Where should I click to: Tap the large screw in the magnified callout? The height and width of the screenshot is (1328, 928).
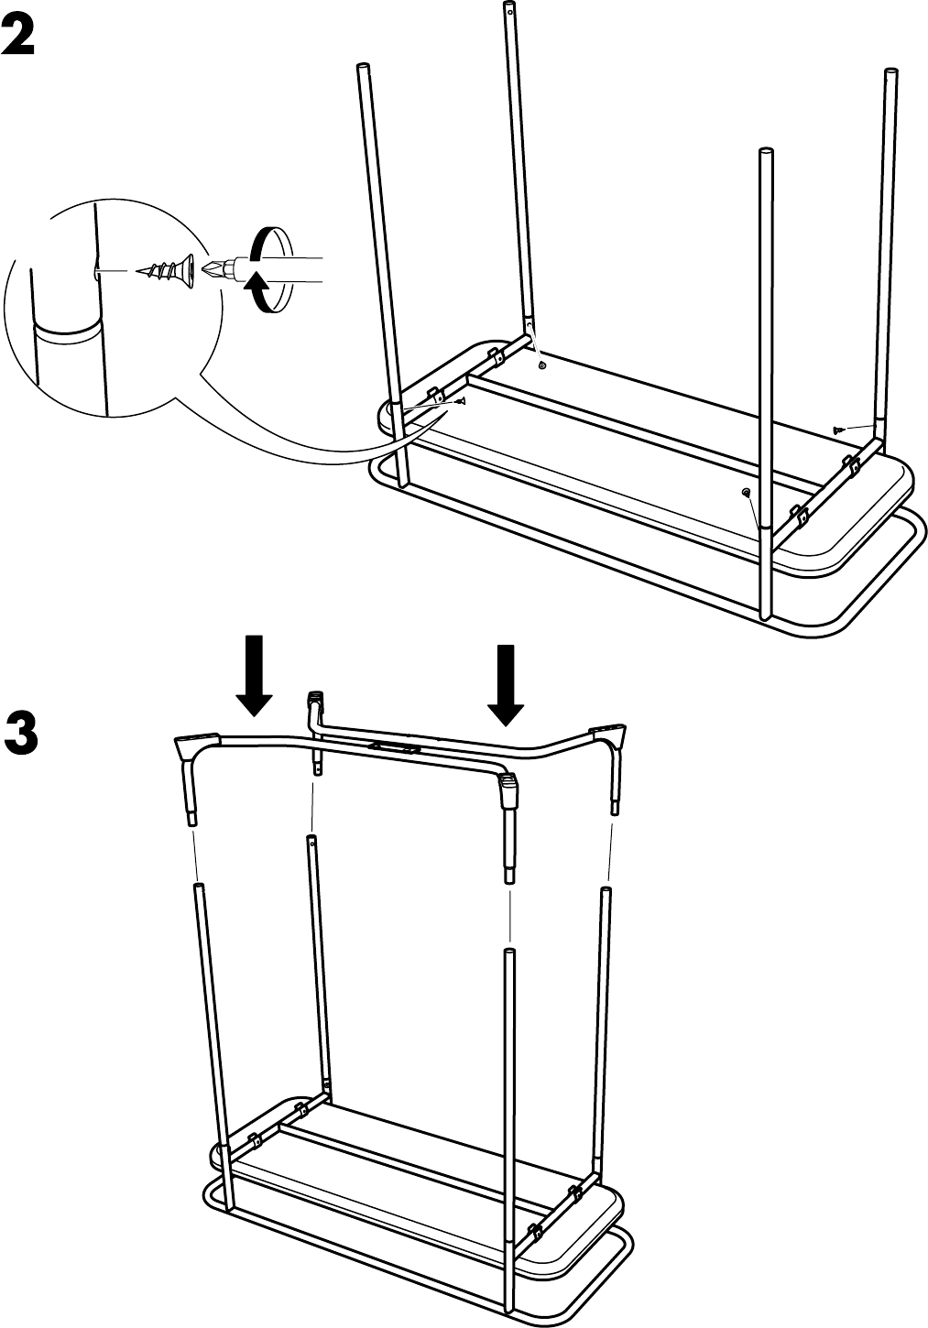coord(165,271)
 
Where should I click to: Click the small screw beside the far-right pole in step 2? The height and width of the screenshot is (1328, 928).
coord(838,429)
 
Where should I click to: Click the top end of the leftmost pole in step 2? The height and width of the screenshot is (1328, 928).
coord(362,66)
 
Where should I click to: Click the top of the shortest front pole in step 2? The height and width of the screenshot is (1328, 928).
coord(766,152)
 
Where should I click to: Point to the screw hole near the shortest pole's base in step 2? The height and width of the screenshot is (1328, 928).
coord(745,492)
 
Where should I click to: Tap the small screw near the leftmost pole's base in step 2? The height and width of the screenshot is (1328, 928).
coord(462,401)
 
